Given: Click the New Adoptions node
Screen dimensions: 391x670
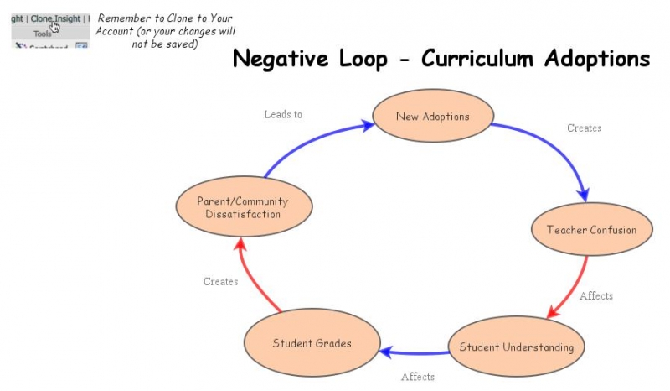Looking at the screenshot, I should point(432,117).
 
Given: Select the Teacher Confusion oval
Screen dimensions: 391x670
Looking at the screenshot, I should point(591,230).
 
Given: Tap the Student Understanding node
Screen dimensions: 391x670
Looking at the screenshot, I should point(517,347).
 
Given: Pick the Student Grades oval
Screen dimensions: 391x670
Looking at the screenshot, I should point(312,343).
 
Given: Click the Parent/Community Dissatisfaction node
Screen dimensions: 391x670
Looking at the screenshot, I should point(243,207).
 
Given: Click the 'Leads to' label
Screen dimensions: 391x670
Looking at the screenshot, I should point(283,114).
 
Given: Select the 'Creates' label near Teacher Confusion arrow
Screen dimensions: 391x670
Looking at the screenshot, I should point(584,128).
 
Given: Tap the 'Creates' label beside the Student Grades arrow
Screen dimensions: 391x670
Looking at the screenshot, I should point(220,282).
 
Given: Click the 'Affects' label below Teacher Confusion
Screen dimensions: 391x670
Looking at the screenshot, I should point(595,296).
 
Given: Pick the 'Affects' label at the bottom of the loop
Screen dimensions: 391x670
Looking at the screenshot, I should point(417,377).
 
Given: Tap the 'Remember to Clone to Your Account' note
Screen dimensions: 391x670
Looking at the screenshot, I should point(164,31).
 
